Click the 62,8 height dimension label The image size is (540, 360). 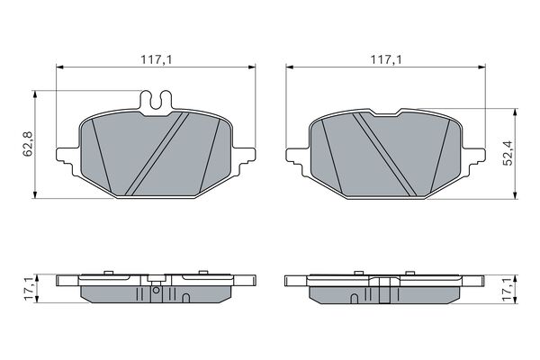click(28, 144)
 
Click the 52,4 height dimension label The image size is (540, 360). click(508, 153)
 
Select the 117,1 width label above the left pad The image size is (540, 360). click(156, 59)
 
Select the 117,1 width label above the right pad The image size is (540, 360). click(386, 59)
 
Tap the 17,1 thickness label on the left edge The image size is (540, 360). click(29, 288)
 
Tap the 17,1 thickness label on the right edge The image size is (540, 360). click(508, 290)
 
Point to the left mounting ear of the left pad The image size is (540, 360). click(67, 159)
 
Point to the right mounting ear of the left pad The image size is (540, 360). click(244, 159)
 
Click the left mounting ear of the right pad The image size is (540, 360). click(298, 160)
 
